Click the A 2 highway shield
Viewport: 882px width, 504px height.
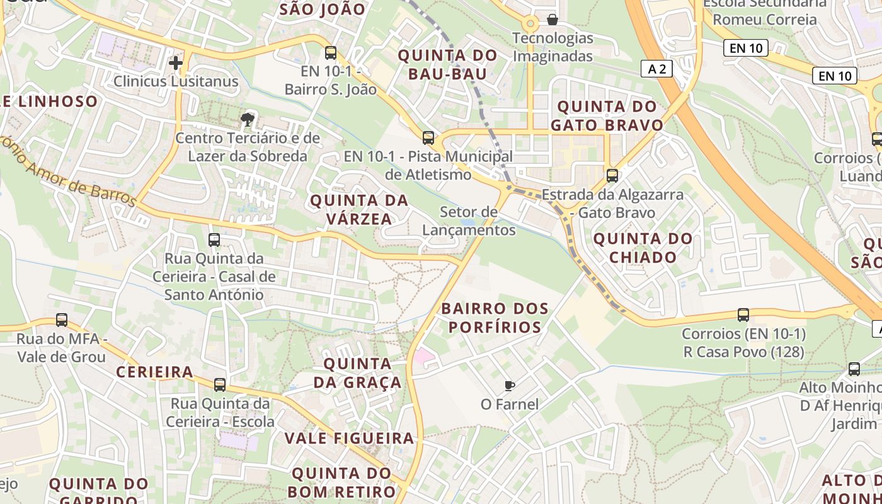pos(656,69)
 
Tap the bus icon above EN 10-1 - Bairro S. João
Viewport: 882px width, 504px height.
pos(331,52)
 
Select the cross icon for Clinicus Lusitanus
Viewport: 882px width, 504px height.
pos(176,62)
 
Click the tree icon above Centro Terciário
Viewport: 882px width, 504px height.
pos(248,119)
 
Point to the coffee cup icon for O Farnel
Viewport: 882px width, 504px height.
pos(510,385)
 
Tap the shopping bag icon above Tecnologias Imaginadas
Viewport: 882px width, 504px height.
pos(553,20)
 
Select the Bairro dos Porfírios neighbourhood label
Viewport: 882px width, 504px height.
pos(495,318)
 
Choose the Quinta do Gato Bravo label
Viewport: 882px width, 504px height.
pos(607,115)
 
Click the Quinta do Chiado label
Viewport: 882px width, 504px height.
pos(643,248)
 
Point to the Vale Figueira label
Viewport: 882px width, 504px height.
pos(349,438)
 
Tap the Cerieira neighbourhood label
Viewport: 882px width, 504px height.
pos(154,372)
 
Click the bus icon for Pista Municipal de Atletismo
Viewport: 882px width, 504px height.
pos(428,137)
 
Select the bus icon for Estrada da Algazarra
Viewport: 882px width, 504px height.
pos(612,176)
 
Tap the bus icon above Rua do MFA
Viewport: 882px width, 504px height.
pos(62,320)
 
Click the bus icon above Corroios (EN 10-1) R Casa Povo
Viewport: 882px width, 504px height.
pos(743,314)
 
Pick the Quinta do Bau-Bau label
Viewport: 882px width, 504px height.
pos(448,64)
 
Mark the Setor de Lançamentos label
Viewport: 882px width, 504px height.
pos(469,221)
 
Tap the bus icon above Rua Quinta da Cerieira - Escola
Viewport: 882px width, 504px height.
pos(220,384)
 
